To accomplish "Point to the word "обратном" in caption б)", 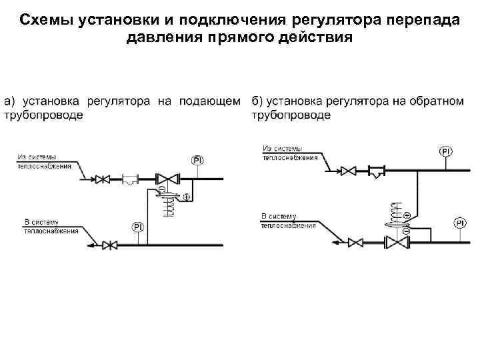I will [x=437, y=102].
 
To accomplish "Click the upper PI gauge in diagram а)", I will [x=198, y=160].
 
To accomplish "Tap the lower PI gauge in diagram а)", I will [x=138, y=227].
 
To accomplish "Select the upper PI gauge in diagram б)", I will [x=446, y=152].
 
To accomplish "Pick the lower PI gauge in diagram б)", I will [x=460, y=222].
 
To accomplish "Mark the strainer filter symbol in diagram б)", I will [x=378, y=171].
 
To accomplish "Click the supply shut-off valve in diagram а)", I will [x=103, y=179].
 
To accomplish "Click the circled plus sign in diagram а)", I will [x=187, y=197].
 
